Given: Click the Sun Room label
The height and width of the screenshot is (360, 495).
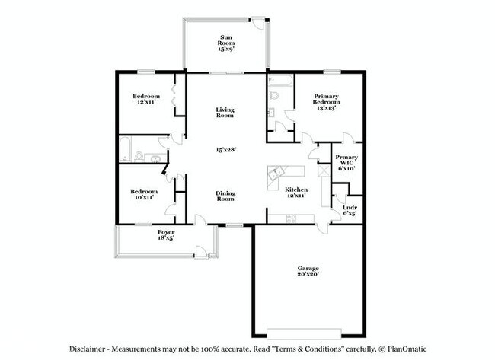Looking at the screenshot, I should pyautogui.click(x=226, y=43).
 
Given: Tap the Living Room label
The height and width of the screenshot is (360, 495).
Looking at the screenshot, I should pyautogui.click(x=225, y=113).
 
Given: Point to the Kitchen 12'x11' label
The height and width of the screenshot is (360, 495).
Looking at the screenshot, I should pyautogui.click(x=296, y=193).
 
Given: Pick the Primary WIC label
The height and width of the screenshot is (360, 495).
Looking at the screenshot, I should pyautogui.click(x=346, y=161).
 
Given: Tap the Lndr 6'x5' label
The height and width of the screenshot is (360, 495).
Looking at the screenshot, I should pyautogui.click(x=350, y=210).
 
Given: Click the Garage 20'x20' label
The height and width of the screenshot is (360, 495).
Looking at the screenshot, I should pyautogui.click(x=308, y=272).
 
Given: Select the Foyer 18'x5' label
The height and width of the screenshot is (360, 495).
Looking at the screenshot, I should pyautogui.click(x=166, y=234).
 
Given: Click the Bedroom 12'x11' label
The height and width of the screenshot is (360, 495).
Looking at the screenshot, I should pyautogui.click(x=145, y=100).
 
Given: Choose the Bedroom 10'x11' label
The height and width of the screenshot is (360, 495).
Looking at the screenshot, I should pyautogui.click(x=145, y=194).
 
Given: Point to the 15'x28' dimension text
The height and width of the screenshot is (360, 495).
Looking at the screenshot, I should pyautogui.click(x=225, y=150).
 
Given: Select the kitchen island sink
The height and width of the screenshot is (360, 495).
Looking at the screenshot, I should pyautogui.click(x=274, y=173).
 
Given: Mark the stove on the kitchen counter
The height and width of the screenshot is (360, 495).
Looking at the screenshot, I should pyautogui.click(x=291, y=218).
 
